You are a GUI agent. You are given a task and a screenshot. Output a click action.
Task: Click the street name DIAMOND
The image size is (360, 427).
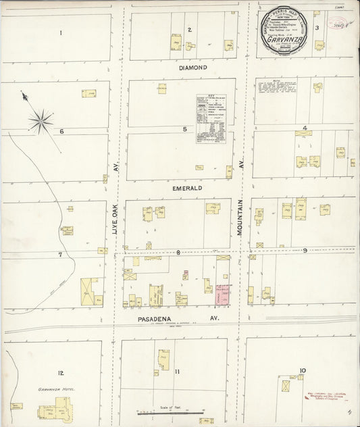(x=192, y=68)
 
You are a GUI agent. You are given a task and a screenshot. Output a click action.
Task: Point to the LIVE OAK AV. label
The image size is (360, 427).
(x=115, y=201)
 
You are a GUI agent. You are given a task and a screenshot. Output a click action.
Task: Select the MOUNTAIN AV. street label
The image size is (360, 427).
(x=240, y=201)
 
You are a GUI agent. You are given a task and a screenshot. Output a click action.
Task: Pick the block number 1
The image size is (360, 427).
(x=61, y=32)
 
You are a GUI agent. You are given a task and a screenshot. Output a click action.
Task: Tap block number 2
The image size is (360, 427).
(x=190, y=30)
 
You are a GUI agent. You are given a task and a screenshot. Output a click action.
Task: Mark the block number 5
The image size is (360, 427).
(x=184, y=128)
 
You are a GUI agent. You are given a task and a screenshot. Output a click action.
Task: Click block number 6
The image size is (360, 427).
(x=61, y=132)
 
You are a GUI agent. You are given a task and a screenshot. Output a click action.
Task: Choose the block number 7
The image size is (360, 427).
(x=60, y=255)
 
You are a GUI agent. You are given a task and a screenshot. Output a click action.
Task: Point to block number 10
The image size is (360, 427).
(x=302, y=370)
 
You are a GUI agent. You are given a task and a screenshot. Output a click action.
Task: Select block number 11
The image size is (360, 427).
(x=178, y=372)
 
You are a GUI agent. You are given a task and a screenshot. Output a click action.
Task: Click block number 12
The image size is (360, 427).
(x=61, y=373)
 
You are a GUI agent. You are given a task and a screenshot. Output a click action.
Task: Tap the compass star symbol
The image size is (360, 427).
(x=41, y=122)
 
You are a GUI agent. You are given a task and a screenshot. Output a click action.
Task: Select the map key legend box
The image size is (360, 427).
(x=215, y=117)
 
